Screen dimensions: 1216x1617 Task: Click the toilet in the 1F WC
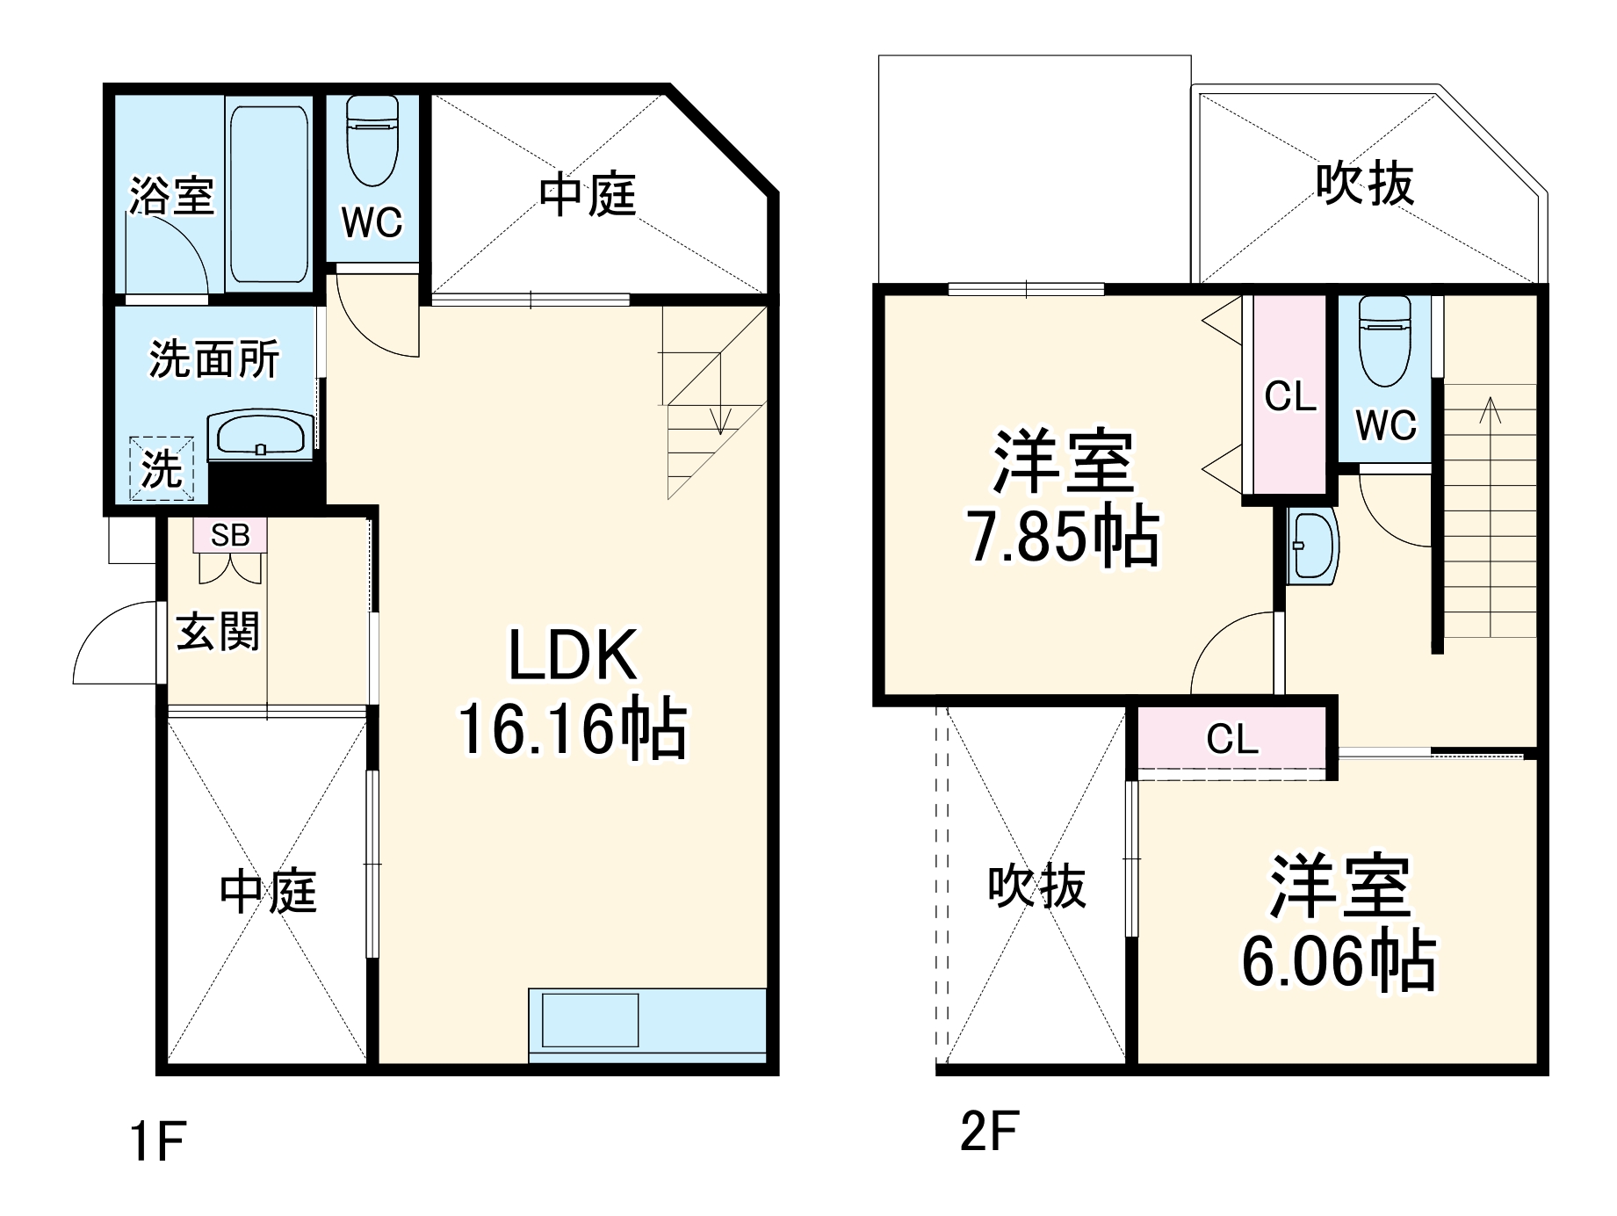pyautogui.click(x=372, y=141)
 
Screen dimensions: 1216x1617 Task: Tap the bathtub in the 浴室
pyautogui.click(x=269, y=193)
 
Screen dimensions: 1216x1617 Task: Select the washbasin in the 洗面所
pyautogui.click(x=260, y=434)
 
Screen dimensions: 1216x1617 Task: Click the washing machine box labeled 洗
pyautogui.click(x=162, y=468)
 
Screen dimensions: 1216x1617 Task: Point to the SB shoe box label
pyautogui.click(x=230, y=535)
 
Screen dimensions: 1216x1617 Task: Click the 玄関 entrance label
pyautogui.click(x=218, y=633)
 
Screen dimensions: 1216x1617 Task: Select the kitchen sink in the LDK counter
pyautogui.click(x=589, y=1020)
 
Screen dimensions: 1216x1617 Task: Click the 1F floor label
pyautogui.click(x=157, y=1141)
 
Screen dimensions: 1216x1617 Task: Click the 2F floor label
pyautogui.click(x=989, y=1132)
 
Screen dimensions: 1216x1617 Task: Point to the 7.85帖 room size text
pyautogui.click(x=1064, y=537)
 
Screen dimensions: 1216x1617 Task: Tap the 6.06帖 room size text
pyautogui.click(x=1339, y=962)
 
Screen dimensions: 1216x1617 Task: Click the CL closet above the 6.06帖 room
pyautogui.click(x=1231, y=739)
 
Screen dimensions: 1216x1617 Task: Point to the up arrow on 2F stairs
pyautogui.click(x=1490, y=413)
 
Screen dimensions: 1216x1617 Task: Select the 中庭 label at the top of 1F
pyautogui.click(x=587, y=195)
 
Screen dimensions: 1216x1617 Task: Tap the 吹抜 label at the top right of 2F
pyautogui.click(x=1364, y=185)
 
